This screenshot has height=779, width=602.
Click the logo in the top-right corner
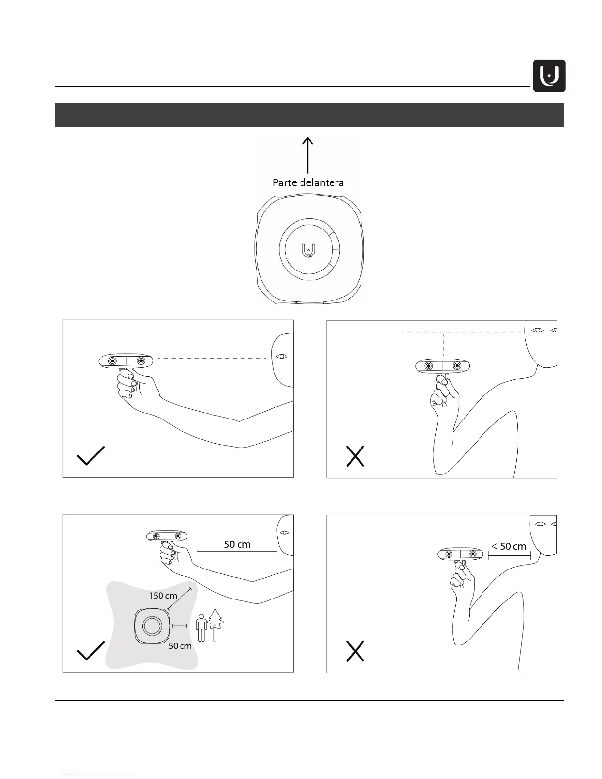[549, 76]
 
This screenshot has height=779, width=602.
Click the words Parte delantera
[308, 182]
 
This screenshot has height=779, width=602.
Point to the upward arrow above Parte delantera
[308, 154]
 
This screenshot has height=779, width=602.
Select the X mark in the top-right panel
[355, 456]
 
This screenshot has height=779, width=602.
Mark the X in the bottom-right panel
[355, 651]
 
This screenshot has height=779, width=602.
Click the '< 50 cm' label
[509, 546]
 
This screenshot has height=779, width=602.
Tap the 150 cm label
[163, 596]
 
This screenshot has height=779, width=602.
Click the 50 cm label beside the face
[237, 544]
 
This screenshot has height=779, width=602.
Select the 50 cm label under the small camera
[180, 646]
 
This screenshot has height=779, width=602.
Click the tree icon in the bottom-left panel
[215, 625]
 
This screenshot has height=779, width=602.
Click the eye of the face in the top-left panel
[282, 356]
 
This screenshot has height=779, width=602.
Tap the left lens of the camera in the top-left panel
[113, 361]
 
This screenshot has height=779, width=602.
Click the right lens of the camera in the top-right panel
[457, 366]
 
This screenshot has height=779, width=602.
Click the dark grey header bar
[309, 115]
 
